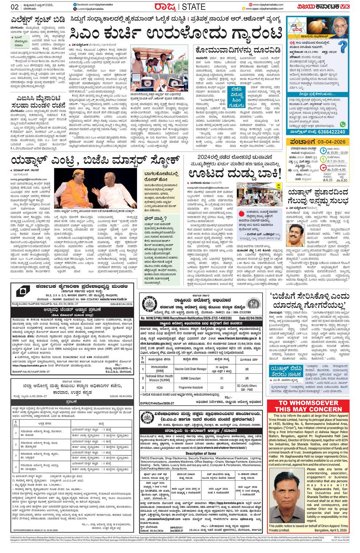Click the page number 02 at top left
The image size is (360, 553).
click(15, 6)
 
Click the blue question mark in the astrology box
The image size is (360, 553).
click(342, 47)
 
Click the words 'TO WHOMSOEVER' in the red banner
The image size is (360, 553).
click(308, 403)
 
